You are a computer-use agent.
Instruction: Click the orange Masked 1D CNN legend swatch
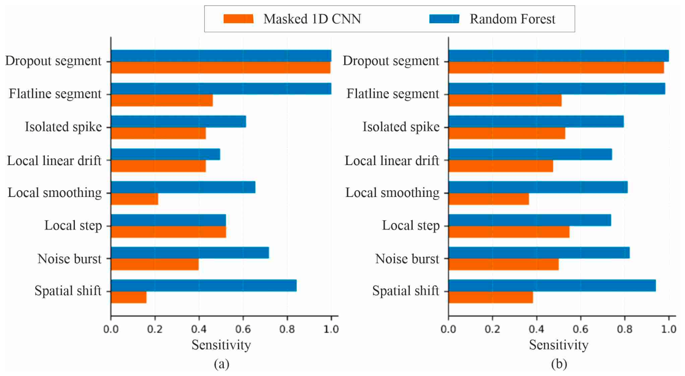click(239, 19)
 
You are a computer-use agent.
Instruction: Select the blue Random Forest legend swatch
click(444, 19)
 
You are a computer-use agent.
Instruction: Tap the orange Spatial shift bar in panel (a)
click(129, 297)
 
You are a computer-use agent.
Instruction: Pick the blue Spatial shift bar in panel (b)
click(552, 285)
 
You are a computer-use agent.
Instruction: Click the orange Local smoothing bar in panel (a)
click(134, 199)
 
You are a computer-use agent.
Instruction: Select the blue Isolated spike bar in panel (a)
click(179, 121)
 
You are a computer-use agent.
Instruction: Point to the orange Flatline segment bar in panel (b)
click(505, 100)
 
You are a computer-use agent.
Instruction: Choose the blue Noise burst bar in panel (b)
click(539, 253)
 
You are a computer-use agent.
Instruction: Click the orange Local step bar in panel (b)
click(509, 232)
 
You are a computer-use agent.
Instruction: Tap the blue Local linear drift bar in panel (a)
click(166, 154)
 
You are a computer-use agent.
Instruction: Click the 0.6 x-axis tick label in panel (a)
click(243, 329)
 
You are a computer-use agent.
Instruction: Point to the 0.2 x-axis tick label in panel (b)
click(492, 329)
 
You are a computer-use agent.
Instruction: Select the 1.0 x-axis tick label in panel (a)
click(331, 329)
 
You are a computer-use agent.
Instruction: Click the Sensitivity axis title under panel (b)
click(559, 345)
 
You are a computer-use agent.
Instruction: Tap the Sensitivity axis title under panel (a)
click(221, 345)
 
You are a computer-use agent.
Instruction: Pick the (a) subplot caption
click(222, 364)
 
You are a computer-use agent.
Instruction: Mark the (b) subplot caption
click(559, 364)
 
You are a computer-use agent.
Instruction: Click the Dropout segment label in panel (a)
click(53, 61)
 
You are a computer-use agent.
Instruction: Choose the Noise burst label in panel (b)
click(407, 259)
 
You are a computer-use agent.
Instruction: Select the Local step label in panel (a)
click(73, 226)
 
